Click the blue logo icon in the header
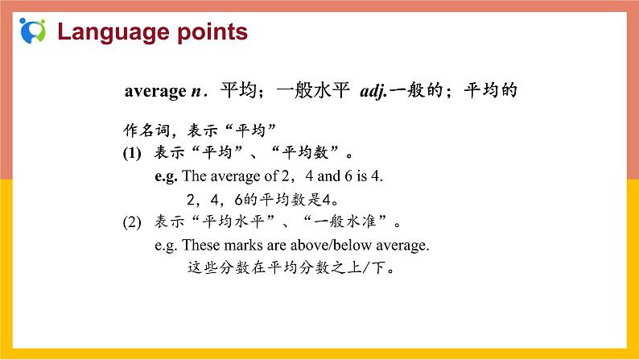31,31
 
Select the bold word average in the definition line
155,92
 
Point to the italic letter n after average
196,92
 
